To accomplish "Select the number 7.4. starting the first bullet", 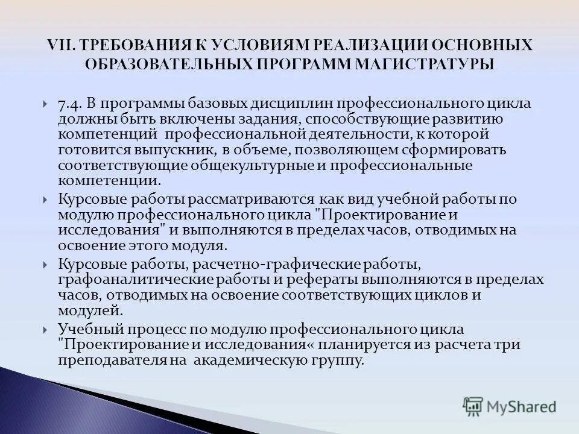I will [70, 103].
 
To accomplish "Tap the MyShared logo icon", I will [473, 406].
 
